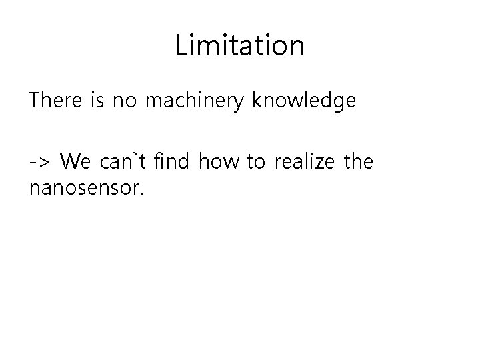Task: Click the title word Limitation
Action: click(x=240, y=46)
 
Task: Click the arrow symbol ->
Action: click(x=39, y=162)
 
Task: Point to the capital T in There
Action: click(x=35, y=101)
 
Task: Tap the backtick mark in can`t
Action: click(x=135, y=155)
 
